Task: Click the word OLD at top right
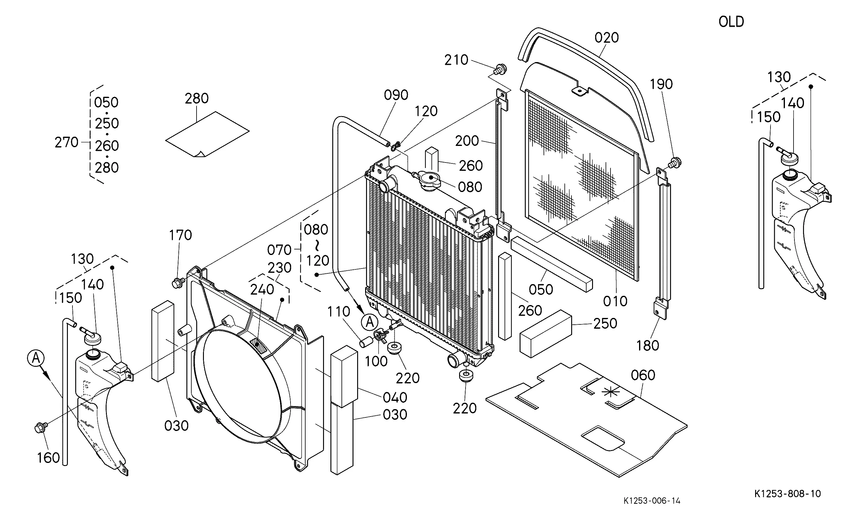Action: [x=731, y=22]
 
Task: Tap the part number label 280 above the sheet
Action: [x=197, y=99]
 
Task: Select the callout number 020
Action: [x=607, y=37]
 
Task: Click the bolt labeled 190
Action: [x=674, y=163]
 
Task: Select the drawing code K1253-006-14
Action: [x=652, y=500]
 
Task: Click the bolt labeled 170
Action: [x=177, y=283]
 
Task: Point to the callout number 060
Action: [x=643, y=375]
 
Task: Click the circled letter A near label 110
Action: [x=369, y=322]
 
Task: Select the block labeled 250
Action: [x=546, y=333]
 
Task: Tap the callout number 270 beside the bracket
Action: [x=67, y=143]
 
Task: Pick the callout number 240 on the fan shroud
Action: [x=262, y=290]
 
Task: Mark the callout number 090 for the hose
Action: [x=396, y=95]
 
